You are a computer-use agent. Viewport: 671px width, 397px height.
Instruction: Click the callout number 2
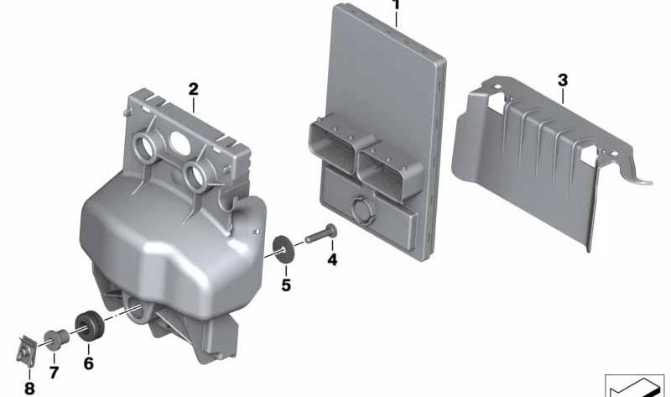click(x=194, y=90)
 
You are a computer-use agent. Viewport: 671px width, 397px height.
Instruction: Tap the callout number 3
click(x=563, y=80)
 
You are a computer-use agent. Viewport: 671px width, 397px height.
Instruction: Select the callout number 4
click(x=332, y=259)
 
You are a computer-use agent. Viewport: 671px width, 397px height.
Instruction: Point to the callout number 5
click(x=286, y=285)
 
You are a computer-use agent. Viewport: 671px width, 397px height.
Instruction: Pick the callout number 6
click(x=88, y=363)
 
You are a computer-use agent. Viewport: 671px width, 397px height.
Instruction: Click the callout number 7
click(x=54, y=372)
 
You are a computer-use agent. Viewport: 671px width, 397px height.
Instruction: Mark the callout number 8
click(x=29, y=389)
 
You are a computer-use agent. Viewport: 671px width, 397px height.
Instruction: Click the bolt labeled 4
click(x=321, y=234)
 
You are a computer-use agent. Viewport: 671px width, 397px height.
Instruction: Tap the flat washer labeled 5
click(x=283, y=248)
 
